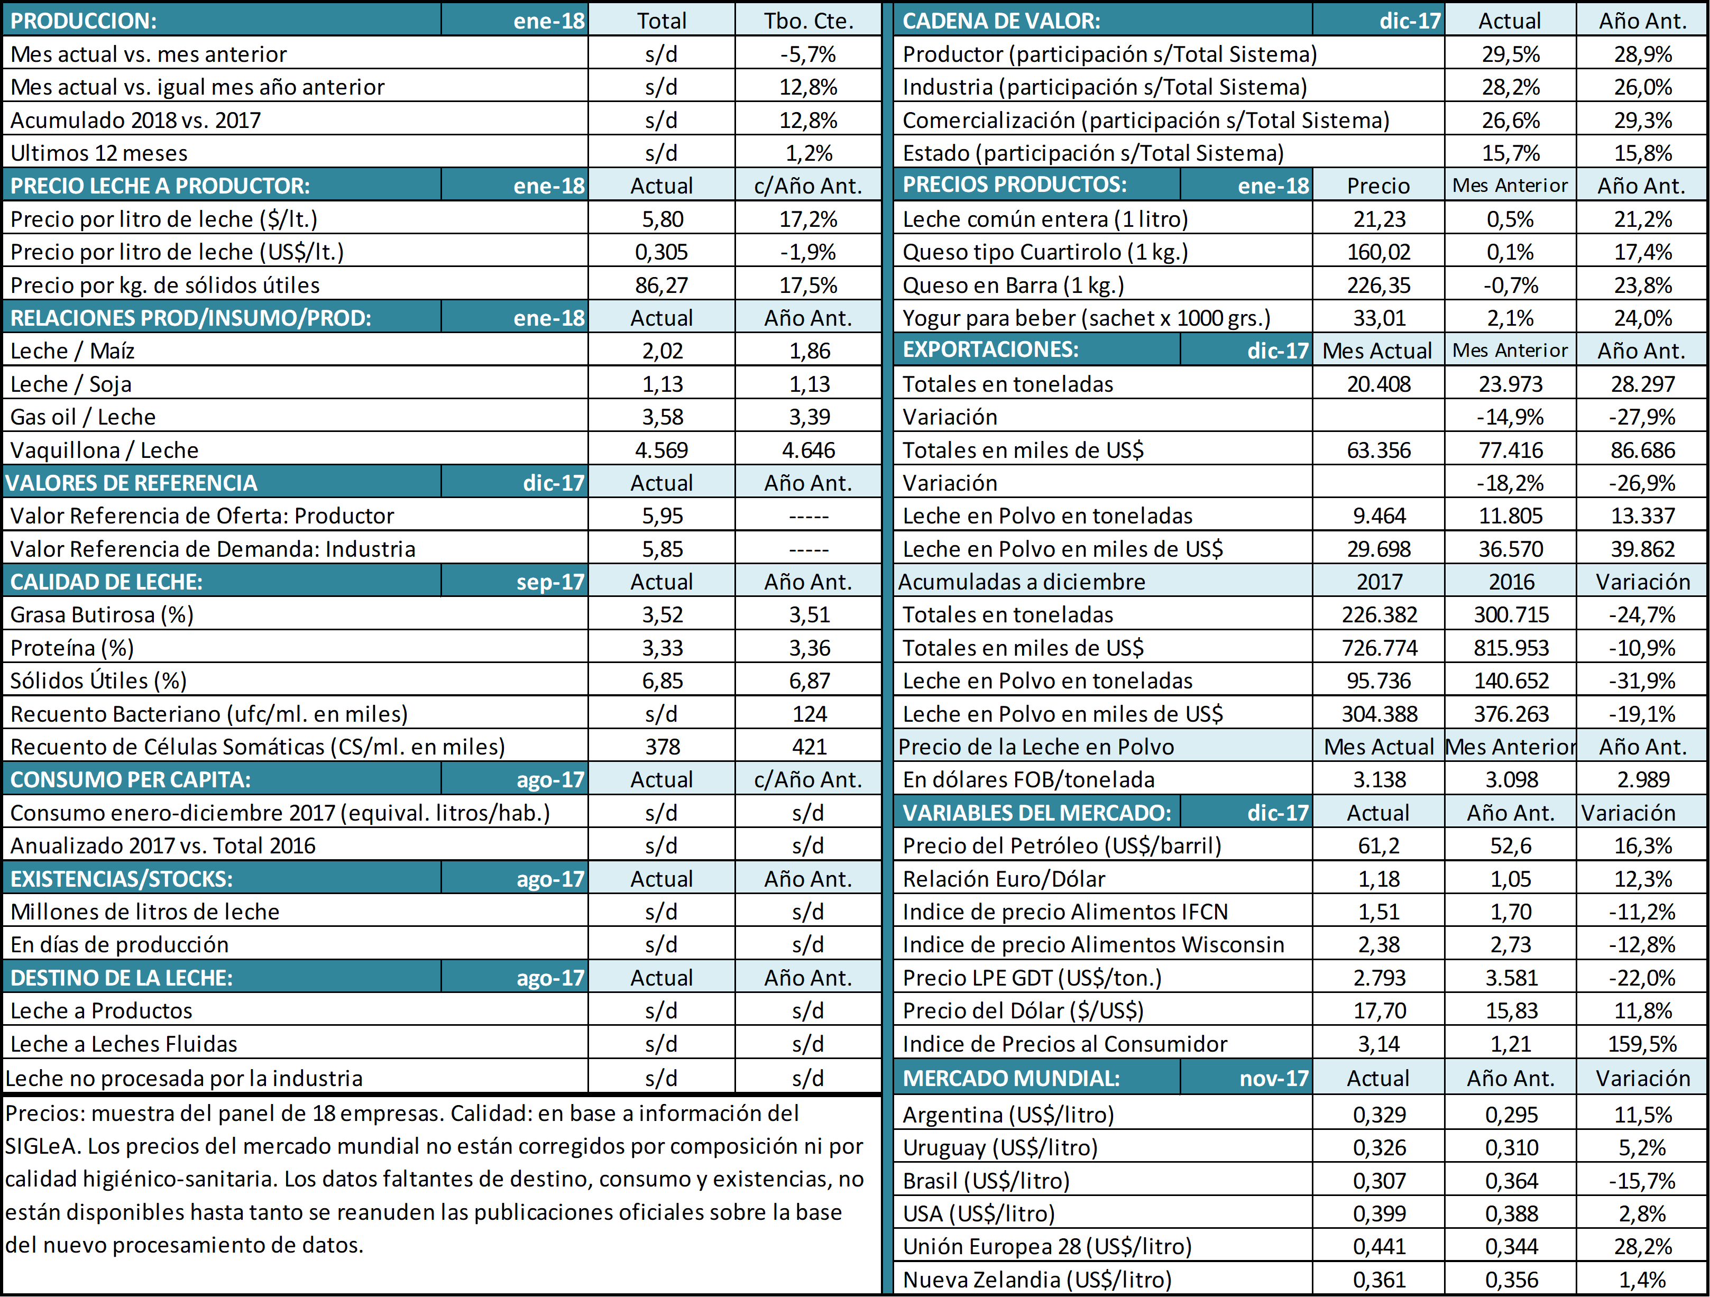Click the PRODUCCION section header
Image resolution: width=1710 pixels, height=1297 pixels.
click(84, 21)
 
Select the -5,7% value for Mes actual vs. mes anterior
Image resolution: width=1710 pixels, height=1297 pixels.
click(808, 54)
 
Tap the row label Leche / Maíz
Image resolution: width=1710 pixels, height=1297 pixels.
click(72, 351)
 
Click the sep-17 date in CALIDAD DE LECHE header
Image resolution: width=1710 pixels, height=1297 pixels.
click(550, 582)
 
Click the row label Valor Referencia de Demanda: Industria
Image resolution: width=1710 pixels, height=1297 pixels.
click(213, 549)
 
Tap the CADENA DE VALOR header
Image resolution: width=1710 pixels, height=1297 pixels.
click(1001, 21)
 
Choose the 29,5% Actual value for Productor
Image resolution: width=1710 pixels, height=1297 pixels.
click(1511, 54)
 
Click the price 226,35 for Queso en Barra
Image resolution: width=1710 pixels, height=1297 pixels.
click(1378, 285)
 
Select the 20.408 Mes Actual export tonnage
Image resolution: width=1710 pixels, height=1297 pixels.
click(1378, 384)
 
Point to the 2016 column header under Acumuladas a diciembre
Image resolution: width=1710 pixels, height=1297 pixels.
click(1511, 582)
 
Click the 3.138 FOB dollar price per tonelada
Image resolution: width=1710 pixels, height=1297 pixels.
click(1379, 780)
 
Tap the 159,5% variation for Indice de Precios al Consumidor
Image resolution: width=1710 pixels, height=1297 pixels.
click(1643, 1044)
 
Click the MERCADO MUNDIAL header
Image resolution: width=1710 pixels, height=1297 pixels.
click(1011, 1078)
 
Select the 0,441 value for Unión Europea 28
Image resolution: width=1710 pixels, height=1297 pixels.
click(1379, 1247)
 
